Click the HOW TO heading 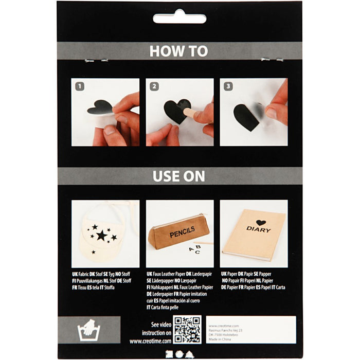pos(179,51)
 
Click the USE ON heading pos(179,176)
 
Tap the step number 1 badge pos(80,86)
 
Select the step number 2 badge pos(154,86)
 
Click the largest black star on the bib pos(102,235)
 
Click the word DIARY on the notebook pos(258,229)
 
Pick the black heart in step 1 pos(99,107)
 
